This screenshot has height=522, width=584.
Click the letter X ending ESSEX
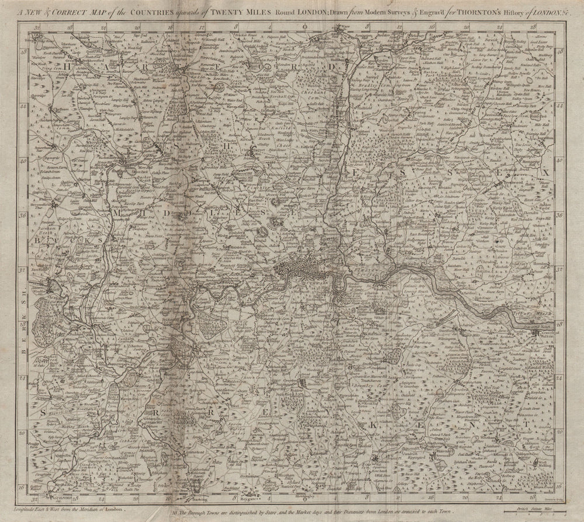545,173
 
